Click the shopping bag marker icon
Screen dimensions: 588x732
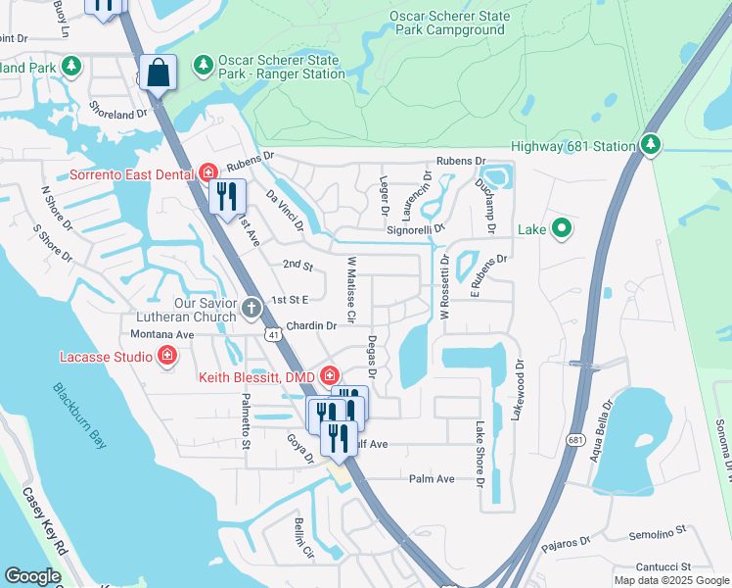coord(158,72)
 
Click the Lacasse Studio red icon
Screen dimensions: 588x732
coord(167,356)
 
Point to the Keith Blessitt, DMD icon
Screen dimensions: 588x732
coord(330,375)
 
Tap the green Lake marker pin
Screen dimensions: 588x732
coord(562,229)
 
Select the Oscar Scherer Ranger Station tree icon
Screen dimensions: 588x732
coord(204,66)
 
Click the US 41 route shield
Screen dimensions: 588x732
coord(274,335)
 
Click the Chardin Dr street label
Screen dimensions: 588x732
coord(311,325)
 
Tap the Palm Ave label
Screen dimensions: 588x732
coord(433,478)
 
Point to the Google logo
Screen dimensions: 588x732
coord(32,576)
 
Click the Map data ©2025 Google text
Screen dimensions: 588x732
coord(670,580)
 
